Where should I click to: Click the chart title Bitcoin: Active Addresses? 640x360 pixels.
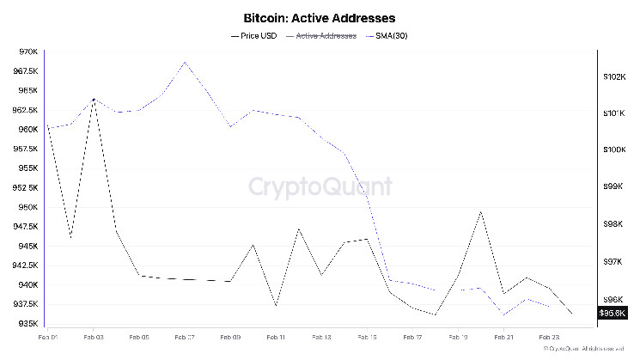(320, 17)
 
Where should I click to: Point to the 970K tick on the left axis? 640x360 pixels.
(27, 52)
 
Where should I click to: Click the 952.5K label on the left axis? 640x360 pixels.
(24, 188)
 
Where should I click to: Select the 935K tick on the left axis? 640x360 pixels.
(27, 324)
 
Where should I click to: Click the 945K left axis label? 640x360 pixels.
(27, 247)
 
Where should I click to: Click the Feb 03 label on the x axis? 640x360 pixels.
(94, 339)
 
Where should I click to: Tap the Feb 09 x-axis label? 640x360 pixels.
(230, 339)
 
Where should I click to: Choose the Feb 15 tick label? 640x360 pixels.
(367, 339)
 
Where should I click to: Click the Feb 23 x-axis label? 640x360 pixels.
(549, 339)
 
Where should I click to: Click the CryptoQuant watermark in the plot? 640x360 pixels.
(320, 186)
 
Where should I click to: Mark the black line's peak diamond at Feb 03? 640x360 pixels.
(94, 100)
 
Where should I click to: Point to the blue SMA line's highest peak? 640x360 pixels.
(185, 63)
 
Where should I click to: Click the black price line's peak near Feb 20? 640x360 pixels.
(481, 212)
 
